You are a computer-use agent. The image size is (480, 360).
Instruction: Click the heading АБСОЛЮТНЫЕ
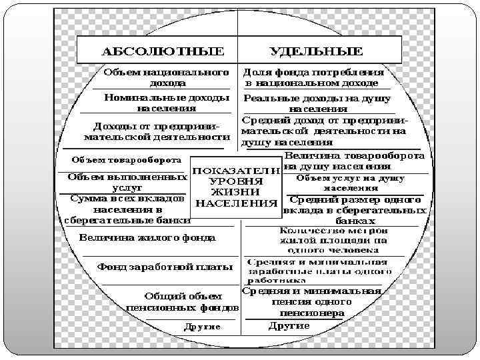(x=162, y=51)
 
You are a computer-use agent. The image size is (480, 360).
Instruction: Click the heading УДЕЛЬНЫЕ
(x=316, y=51)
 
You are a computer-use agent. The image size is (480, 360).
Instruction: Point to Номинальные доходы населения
(x=167, y=102)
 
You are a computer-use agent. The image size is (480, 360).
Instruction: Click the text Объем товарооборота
(x=127, y=160)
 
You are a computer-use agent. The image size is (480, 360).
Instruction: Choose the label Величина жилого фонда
(x=147, y=237)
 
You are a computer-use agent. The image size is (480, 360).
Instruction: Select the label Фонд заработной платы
(x=165, y=267)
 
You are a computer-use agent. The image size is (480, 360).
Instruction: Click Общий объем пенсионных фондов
(x=182, y=302)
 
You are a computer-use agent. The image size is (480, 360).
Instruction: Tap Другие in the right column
(x=289, y=325)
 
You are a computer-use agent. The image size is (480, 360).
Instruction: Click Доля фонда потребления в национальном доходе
(x=313, y=77)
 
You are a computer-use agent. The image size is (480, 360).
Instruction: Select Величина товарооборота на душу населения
(x=353, y=161)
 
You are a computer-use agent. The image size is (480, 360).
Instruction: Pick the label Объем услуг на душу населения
(x=350, y=183)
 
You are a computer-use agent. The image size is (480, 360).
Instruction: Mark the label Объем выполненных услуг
(x=127, y=183)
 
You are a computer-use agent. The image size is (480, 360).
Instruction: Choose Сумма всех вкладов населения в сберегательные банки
(x=127, y=209)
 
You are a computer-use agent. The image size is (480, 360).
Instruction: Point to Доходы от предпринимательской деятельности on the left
(x=152, y=131)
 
